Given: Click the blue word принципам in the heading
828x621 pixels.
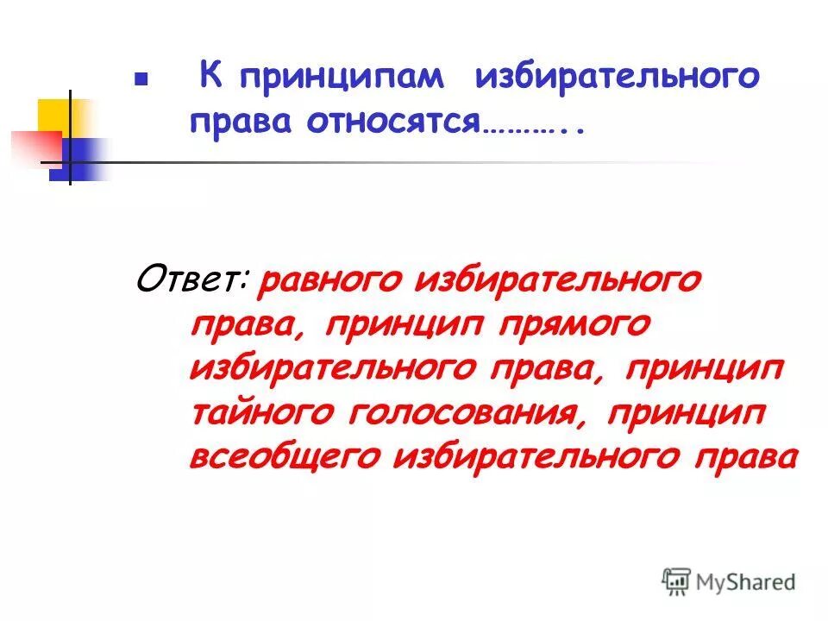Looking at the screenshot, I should click(342, 78).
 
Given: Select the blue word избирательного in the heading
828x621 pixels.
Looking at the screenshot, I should click(616, 78).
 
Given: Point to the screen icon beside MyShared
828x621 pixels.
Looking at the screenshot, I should click(678, 581).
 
